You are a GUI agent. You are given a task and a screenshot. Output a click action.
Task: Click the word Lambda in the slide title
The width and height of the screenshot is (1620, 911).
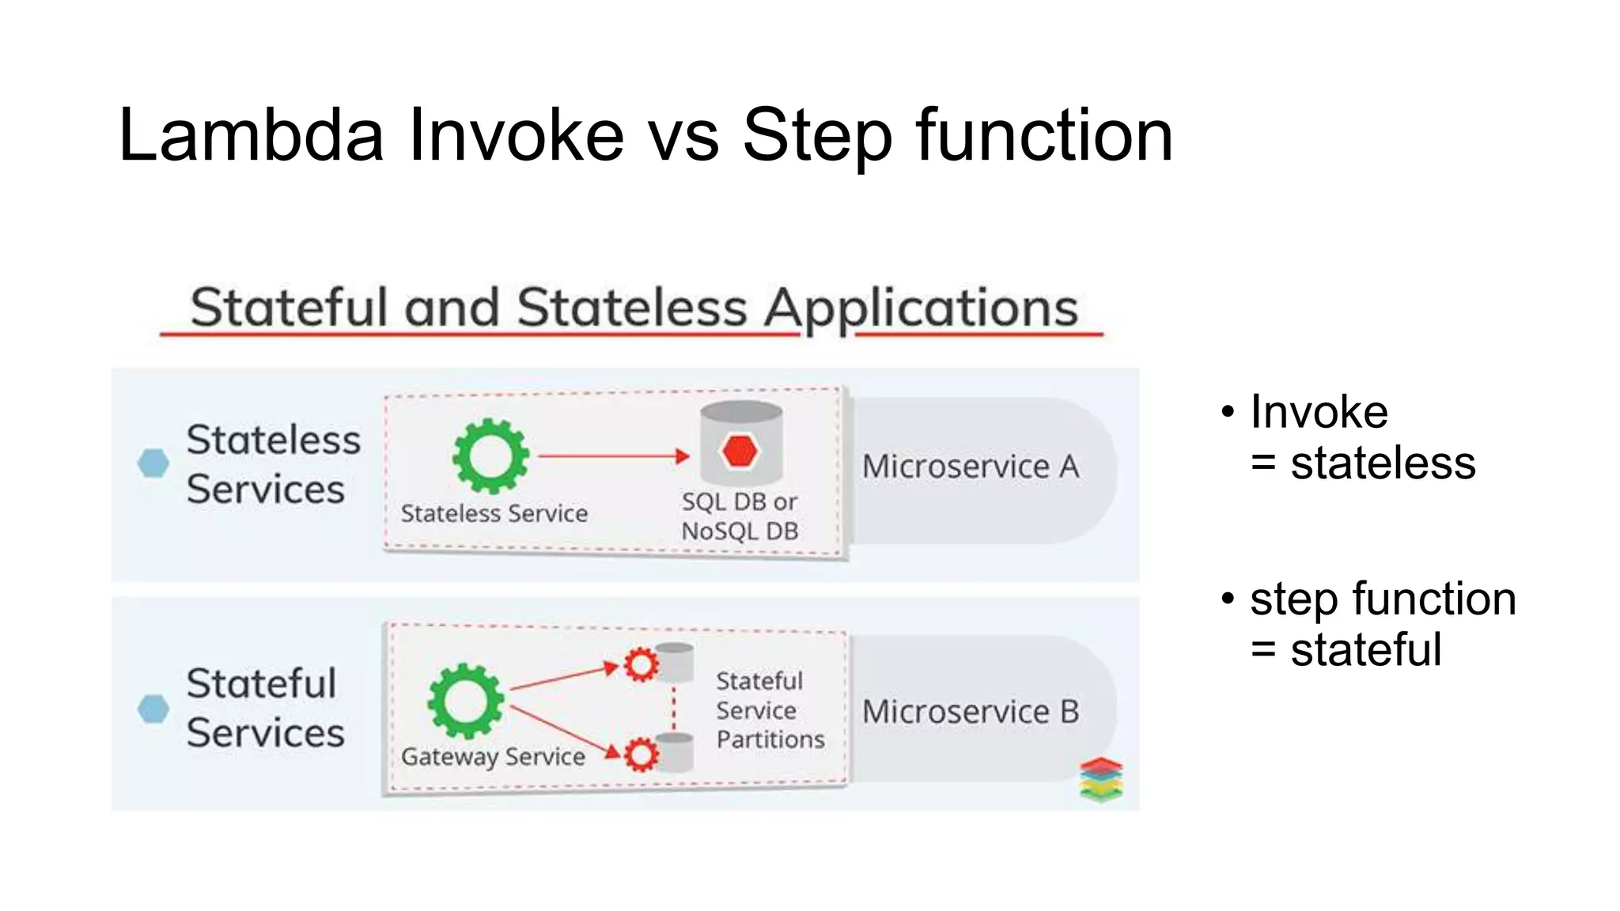tap(252, 136)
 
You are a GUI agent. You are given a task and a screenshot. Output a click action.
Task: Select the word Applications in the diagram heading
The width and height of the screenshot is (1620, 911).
tap(921, 308)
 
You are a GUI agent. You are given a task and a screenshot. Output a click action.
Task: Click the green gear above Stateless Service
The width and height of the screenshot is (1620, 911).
tap(490, 456)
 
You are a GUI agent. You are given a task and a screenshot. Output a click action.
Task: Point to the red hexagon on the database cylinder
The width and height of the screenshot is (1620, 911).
tap(740, 451)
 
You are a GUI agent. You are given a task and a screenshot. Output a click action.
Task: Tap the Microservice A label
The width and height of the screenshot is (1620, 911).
tap(971, 467)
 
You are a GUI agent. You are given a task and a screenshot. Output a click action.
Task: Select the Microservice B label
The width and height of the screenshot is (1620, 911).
tap(971, 712)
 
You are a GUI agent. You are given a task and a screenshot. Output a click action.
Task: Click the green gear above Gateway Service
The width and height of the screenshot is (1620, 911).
tap(465, 701)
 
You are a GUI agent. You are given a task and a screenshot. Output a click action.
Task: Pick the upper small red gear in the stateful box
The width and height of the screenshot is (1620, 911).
tap(641, 664)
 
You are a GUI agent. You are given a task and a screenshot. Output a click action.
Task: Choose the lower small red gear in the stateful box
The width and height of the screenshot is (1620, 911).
tap(641, 754)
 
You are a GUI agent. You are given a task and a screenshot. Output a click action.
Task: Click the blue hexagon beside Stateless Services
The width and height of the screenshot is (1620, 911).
tap(153, 463)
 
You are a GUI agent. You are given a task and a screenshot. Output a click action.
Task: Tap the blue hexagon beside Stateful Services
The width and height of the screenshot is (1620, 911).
tap(153, 709)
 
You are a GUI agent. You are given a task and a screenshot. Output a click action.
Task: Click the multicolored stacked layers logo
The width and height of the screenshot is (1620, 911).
tap(1101, 779)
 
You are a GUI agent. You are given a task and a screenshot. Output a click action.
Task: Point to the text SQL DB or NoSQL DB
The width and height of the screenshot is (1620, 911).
tap(740, 516)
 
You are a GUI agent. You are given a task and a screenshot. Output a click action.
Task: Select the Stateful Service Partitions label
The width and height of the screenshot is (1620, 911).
tap(769, 710)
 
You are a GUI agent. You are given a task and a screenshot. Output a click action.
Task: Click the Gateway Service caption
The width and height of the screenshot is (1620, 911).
tap(493, 757)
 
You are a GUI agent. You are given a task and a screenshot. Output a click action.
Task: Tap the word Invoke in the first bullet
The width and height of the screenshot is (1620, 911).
tap(1319, 412)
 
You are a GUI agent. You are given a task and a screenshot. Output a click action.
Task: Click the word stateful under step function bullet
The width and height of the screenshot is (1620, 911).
tap(1366, 650)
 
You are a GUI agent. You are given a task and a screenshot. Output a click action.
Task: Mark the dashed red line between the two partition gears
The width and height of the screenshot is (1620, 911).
tap(674, 709)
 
